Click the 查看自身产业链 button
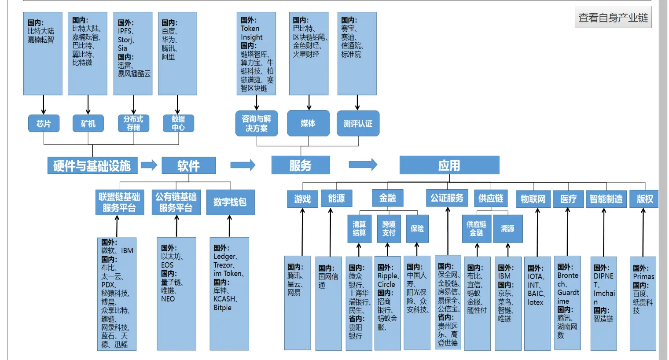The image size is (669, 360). coord(613,18)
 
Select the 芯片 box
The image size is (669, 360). coord(44,124)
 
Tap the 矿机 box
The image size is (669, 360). coord(88,124)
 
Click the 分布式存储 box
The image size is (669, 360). coord(133,123)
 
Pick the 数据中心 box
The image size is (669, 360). coord(178,123)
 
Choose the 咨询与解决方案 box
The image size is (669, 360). coord(257,124)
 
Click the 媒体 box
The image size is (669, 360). coord(308,123)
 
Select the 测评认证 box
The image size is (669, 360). coord(358,124)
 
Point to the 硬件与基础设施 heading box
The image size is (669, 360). coord(92,165)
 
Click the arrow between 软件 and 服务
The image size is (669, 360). coord(243,165)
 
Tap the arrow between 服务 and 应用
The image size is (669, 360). coord(363,165)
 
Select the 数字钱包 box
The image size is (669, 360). coord(230,202)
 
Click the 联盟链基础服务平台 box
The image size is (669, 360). coord(119,202)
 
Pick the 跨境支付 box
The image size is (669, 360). coord(389,228)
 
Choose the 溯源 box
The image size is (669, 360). coord(507,229)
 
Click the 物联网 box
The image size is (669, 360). coord(533,199)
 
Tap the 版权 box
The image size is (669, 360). coord(644,199)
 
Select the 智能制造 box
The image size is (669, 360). coord(606,199)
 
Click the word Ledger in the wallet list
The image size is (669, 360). coord(224,257)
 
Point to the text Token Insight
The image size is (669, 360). coord(251,33)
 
